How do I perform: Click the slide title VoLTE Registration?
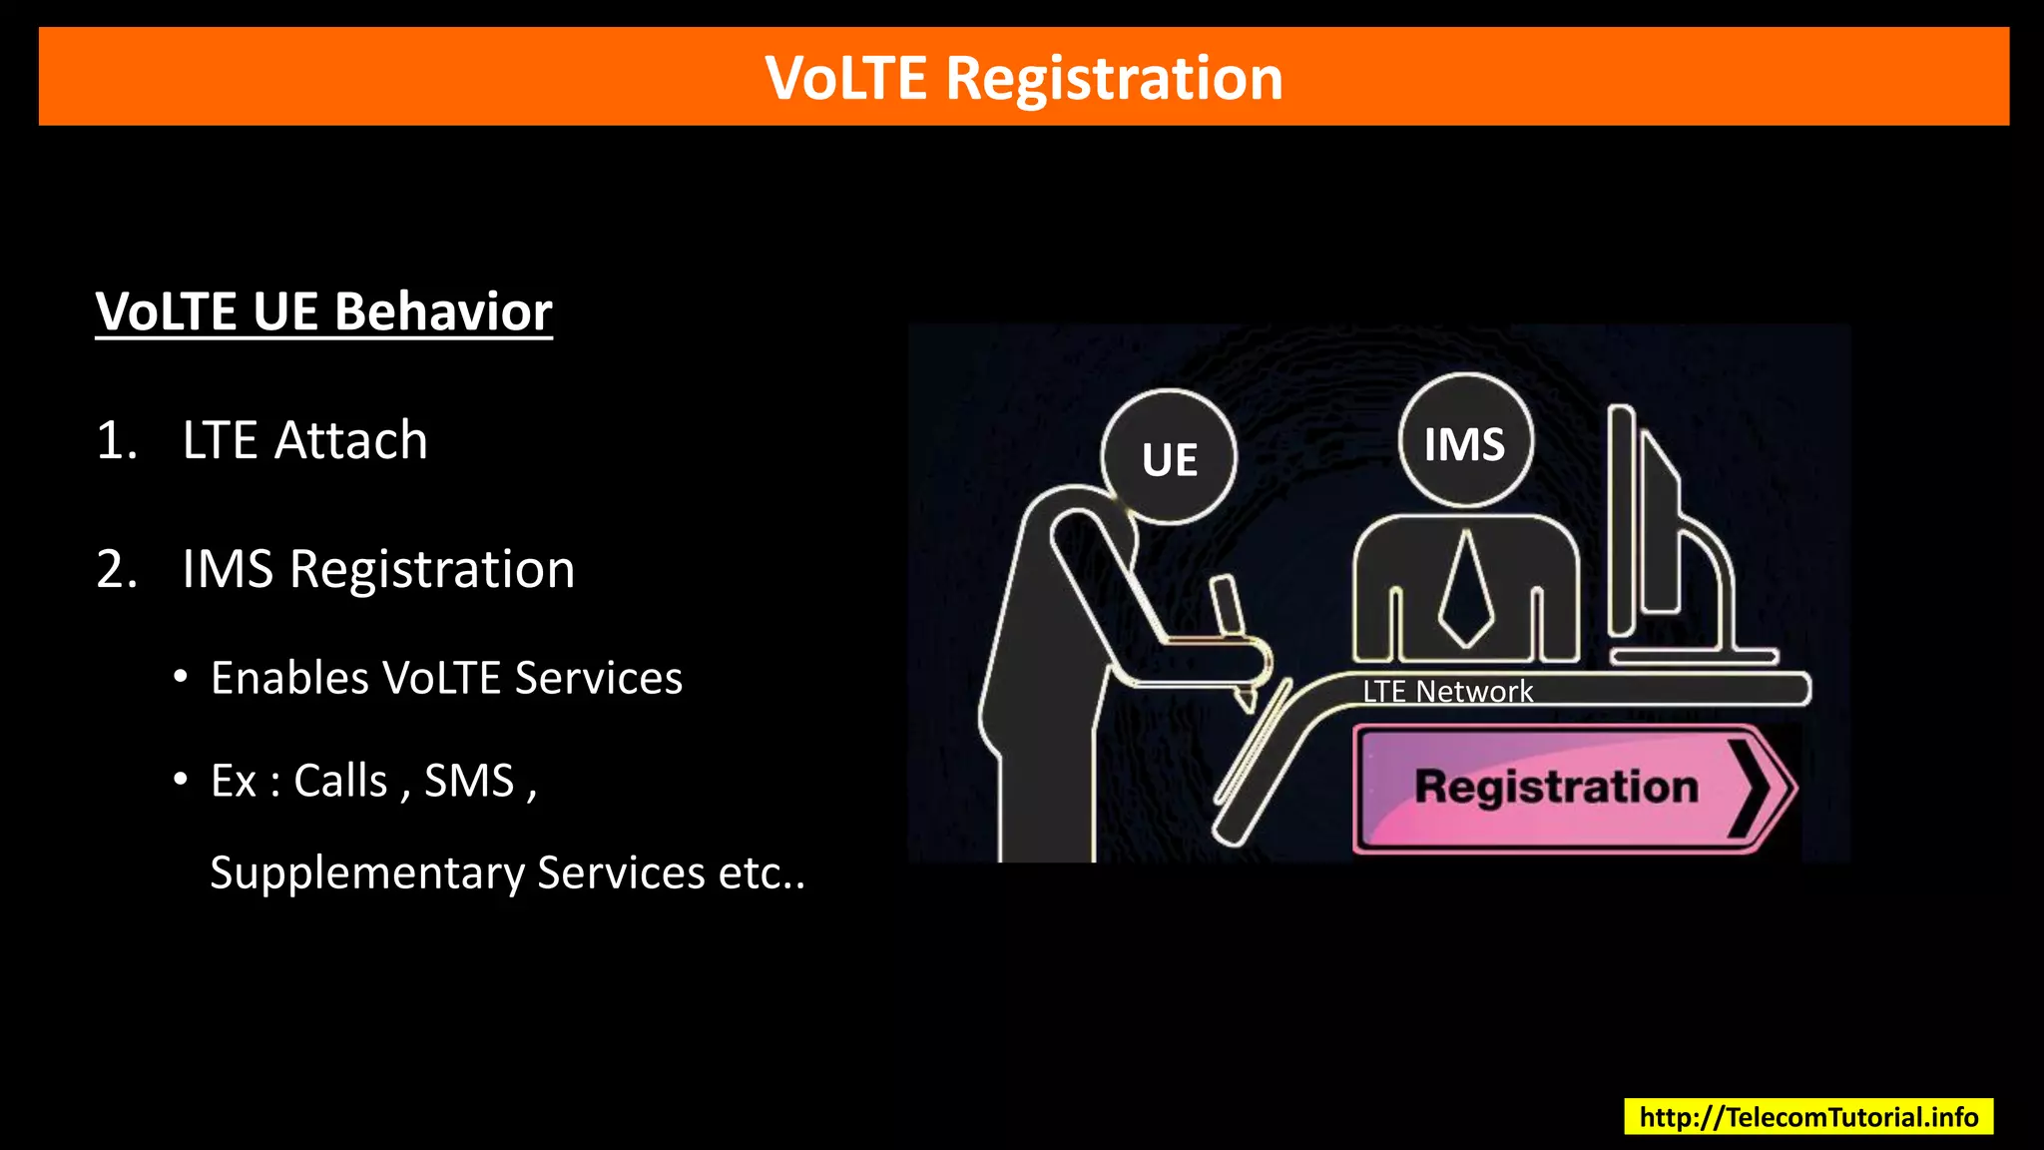click(x=1023, y=78)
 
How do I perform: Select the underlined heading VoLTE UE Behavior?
click(x=323, y=311)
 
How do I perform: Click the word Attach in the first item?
click(x=350, y=440)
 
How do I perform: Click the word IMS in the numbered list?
click(x=227, y=569)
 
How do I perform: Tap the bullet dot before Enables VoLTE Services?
click(x=180, y=677)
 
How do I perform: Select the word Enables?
click(x=289, y=678)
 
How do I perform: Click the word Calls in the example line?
click(x=340, y=781)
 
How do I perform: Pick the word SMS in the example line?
click(x=469, y=781)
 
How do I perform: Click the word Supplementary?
click(x=366, y=872)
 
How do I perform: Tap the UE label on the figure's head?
click(x=1169, y=460)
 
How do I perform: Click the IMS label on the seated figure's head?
click(x=1464, y=444)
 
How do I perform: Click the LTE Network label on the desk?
click(x=1447, y=691)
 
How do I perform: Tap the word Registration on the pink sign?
click(x=1556, y=787)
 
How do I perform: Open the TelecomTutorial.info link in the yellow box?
click(x=1807, y=1116)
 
